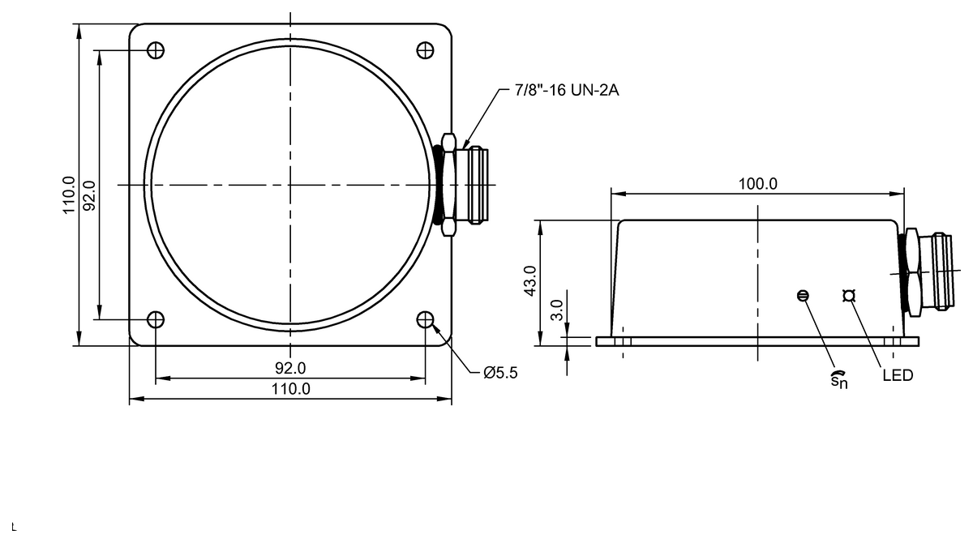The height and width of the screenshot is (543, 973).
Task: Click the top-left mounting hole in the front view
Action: [156, 50]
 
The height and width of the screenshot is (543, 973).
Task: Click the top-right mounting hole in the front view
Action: [425, 50]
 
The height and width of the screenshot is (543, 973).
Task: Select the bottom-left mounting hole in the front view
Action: [156, 319]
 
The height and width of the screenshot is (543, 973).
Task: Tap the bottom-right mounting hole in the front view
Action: [425, 319]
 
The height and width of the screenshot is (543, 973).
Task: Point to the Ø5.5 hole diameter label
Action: [500, 373]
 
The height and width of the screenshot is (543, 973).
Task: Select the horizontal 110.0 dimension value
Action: [290, 389]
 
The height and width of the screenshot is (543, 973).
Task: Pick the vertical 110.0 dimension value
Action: [70, 195]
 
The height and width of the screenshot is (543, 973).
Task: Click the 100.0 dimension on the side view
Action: [757, 184]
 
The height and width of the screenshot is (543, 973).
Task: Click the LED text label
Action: [898, 376]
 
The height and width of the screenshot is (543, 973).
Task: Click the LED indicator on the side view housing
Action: [849, 296]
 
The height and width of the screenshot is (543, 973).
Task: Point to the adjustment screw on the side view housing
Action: [803, 296]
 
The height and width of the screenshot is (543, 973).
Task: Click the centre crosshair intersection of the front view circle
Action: [290, 185]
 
